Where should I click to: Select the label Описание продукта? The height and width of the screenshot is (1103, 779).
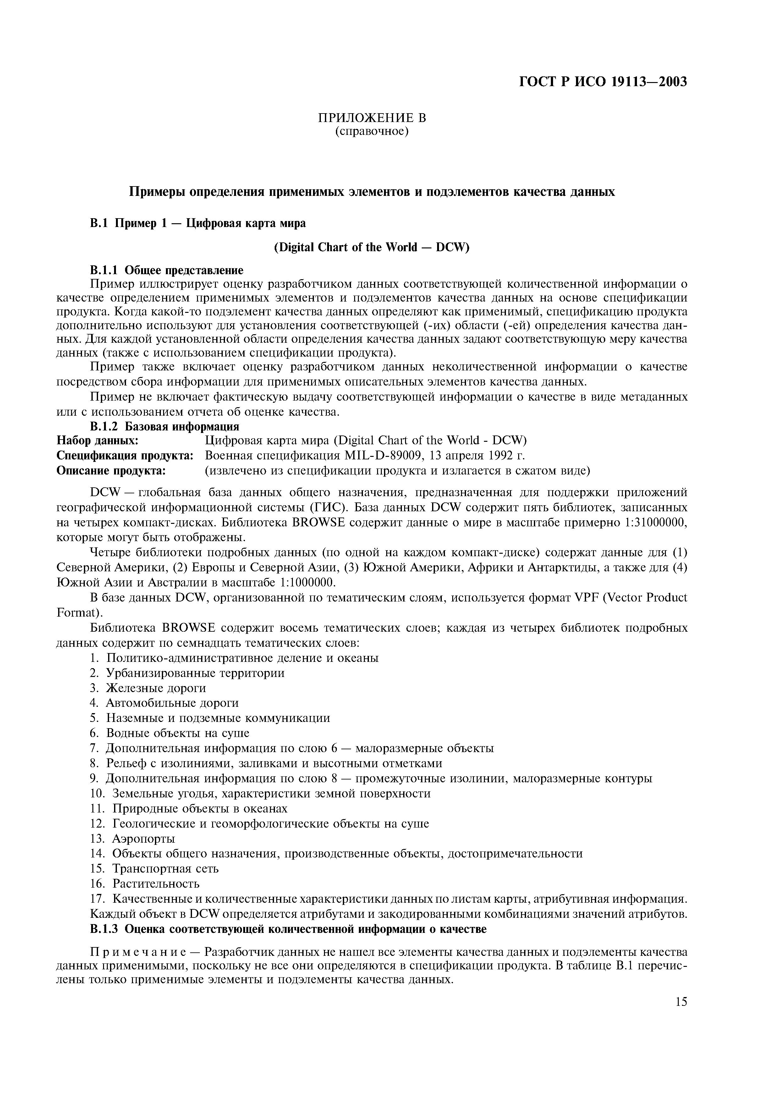point(111,470)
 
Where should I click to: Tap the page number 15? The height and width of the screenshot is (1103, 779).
point(681,1002)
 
